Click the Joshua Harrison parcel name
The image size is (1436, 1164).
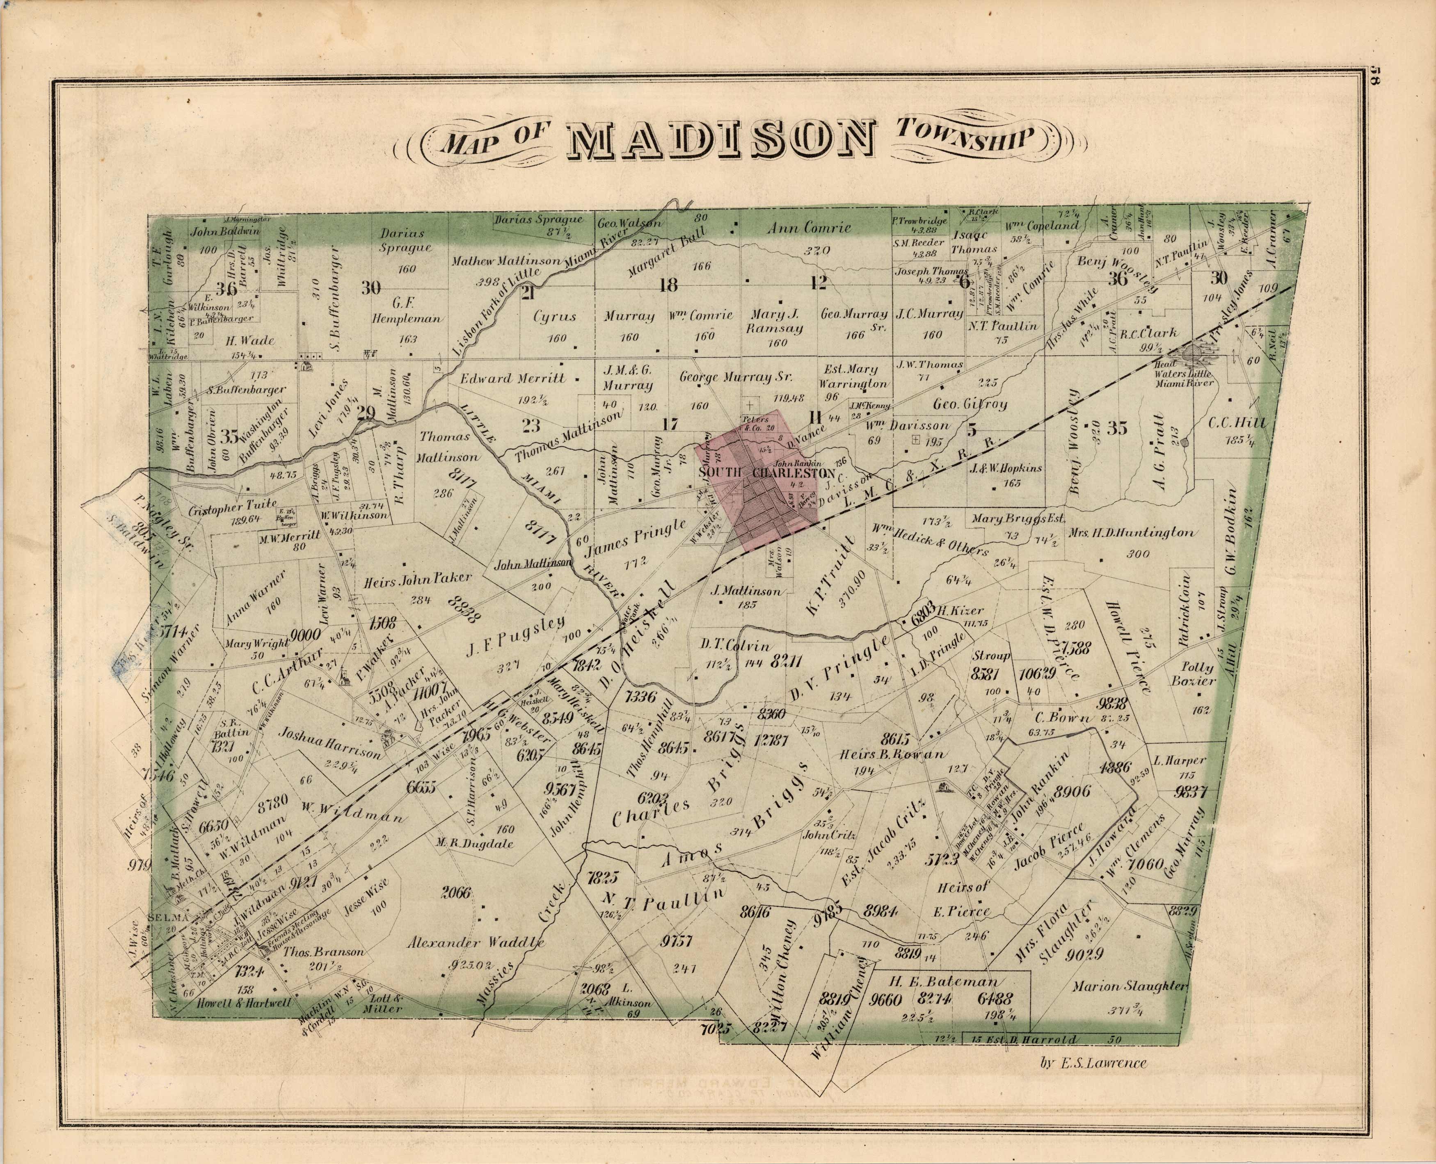332,742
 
